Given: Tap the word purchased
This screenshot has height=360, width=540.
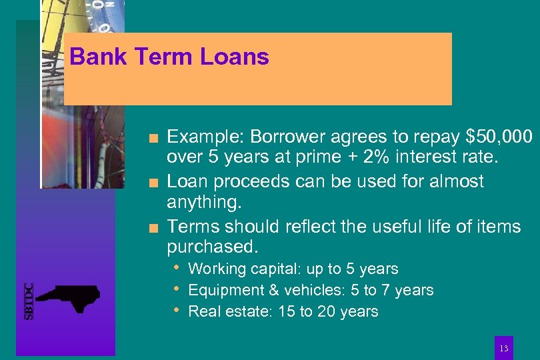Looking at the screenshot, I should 211,247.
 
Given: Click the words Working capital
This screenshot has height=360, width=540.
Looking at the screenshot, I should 245,269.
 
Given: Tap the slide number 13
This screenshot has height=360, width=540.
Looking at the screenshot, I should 504,349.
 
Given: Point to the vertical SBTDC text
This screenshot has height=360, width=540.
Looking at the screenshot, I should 29,301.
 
